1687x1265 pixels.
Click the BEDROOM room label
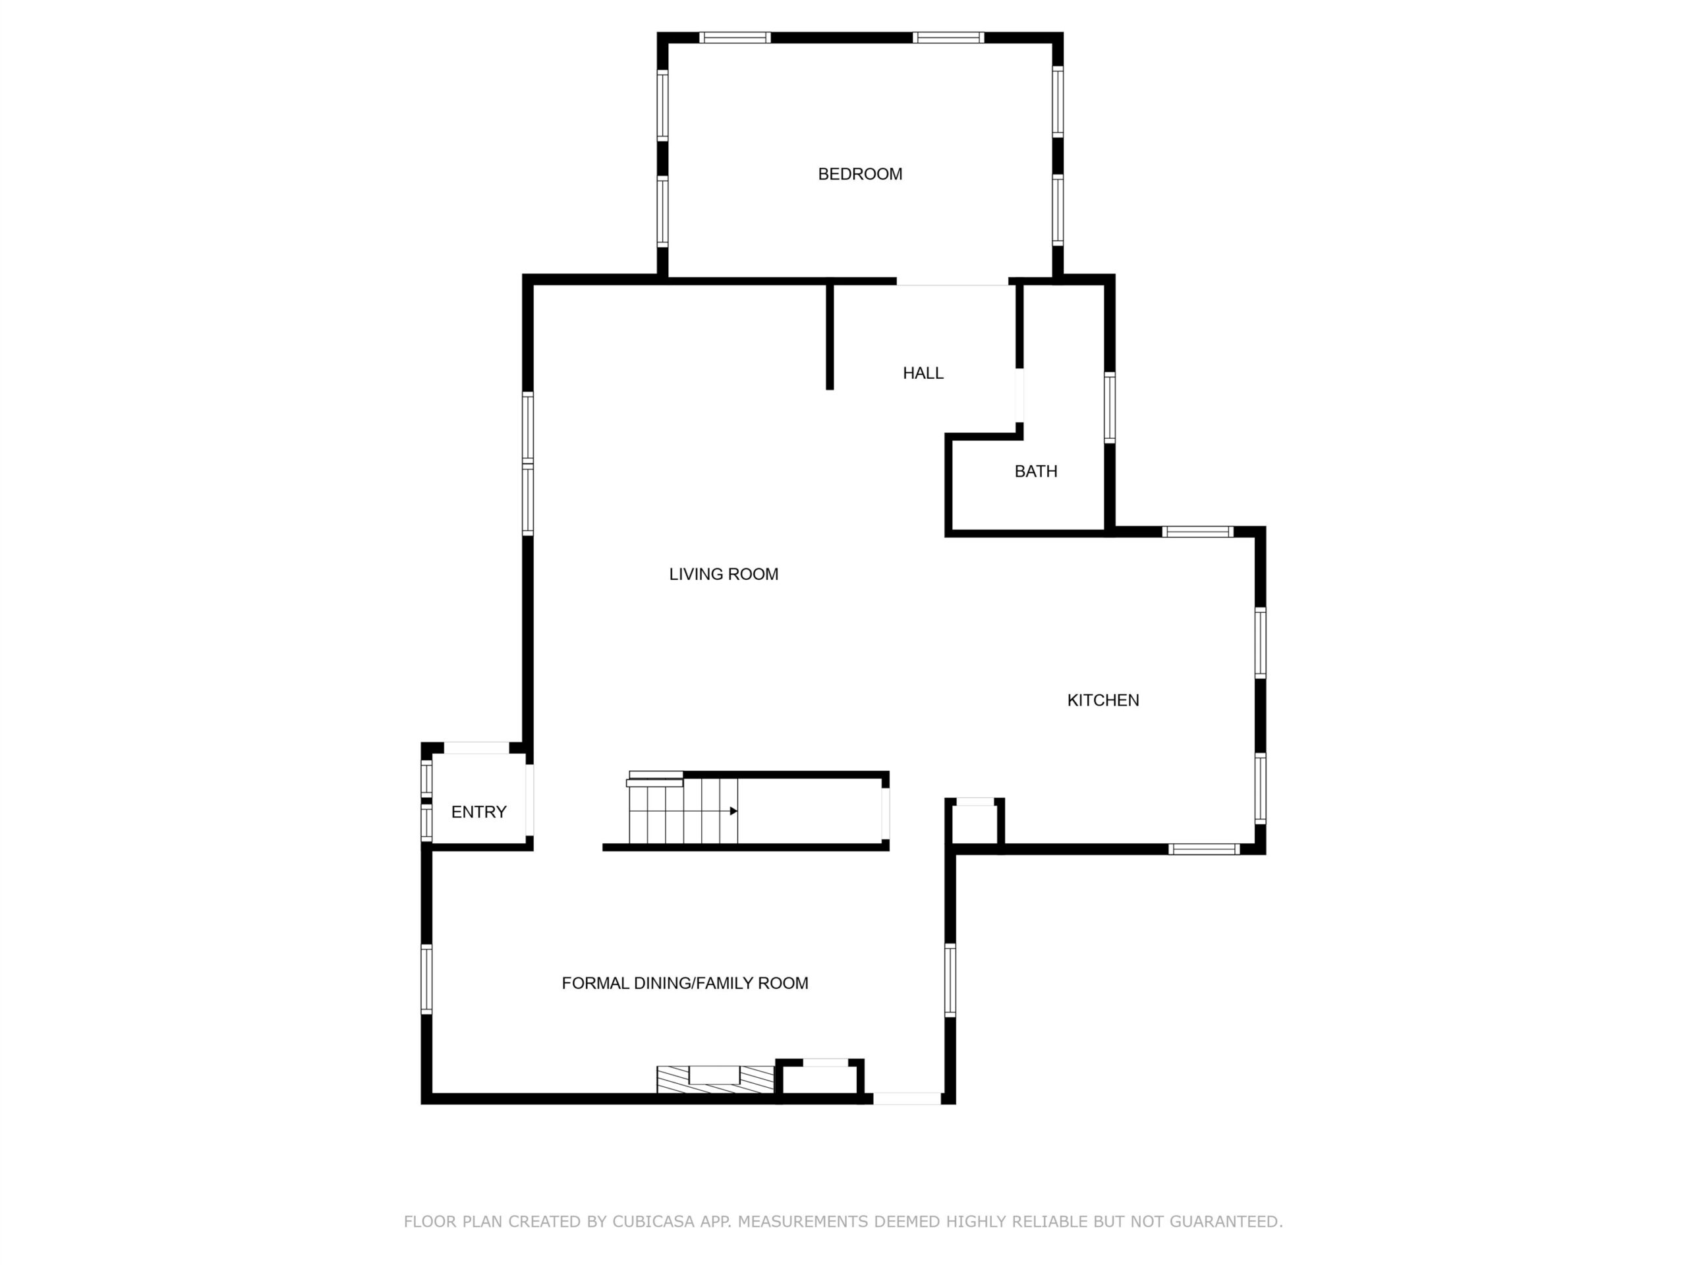click(859, 174)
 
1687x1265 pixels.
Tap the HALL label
click(923, 373)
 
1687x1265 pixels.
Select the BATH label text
click(1036, 471)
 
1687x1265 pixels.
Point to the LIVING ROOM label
click(723, 574)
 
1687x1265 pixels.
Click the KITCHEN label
click(1102, 700)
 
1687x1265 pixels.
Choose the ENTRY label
click(479, 812)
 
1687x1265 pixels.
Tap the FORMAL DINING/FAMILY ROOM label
click(685, 984)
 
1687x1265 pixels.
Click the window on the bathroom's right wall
click(1110, 407)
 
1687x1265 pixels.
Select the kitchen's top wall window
click(1197, 532)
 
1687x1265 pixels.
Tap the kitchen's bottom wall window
click(1204, 849)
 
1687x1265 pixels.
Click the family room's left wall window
click(426, 979)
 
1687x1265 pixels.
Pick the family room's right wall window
click(950, 980)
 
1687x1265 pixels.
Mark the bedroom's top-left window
click(735, 38)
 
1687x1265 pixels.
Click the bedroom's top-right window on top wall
click(948, 38)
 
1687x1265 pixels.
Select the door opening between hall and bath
click(1019, 396)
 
